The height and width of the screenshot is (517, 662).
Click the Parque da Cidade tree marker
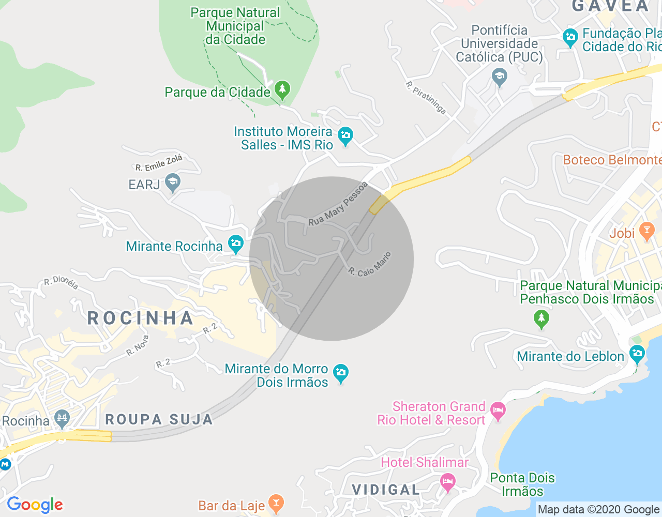282,89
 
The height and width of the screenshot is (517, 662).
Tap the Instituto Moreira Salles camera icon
345,136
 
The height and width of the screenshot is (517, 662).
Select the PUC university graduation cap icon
499,77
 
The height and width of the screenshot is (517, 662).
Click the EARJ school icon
172,182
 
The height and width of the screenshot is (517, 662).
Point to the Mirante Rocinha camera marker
236,244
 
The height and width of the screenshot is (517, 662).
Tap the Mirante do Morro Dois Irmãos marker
340,373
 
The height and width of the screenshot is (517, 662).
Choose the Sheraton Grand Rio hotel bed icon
498,411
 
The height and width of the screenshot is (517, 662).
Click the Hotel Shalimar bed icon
448,482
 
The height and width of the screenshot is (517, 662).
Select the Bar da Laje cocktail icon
276,503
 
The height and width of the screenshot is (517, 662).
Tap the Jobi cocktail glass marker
646,231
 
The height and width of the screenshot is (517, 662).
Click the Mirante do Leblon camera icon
637,355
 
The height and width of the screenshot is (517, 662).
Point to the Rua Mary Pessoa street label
337,204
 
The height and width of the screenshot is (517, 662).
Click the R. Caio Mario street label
370,264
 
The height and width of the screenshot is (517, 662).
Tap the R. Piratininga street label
426,98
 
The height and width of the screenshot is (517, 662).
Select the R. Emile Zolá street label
159,163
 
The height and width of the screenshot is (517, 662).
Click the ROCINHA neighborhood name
140,318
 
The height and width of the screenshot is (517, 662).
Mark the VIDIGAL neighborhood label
386,490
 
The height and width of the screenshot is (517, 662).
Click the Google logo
35,505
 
